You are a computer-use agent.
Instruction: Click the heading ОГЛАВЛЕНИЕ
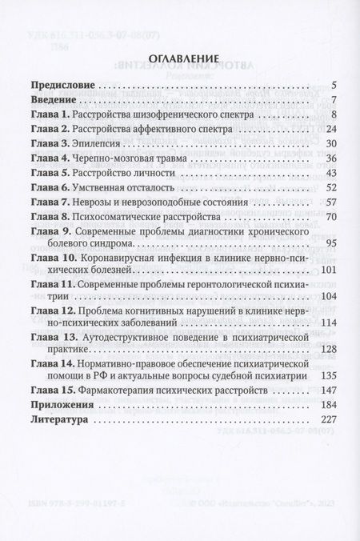(180, 58)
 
